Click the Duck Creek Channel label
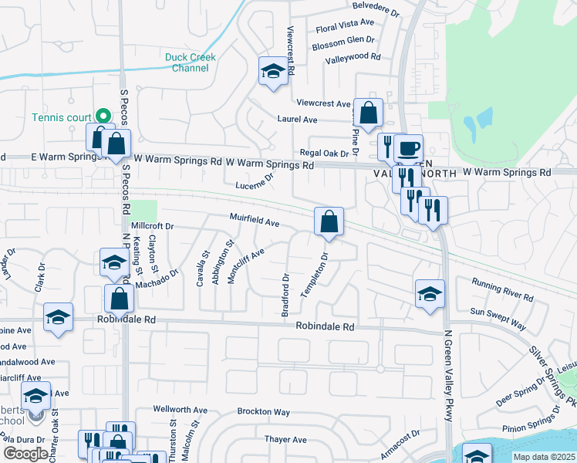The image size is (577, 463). click(x=191, y=63)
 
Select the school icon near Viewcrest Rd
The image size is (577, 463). click(x=272, y=73)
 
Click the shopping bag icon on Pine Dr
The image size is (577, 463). click(x=369, y=112)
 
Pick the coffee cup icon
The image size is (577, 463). click(x=409, y=147)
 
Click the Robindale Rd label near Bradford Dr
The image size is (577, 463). click(x=325, y=327)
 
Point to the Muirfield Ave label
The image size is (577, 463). click(x=254, y=221)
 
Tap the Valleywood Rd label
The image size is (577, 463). click(x=353, y=58)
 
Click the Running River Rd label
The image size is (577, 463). click(x=503, y=290)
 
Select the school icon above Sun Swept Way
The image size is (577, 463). click(x=430, y=293)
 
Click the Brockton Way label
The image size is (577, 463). click(x=263, y=413)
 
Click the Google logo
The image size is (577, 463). click(x=25, y=454)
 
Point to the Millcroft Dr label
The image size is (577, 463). click(x=154, y=226)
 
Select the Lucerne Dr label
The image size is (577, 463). click(x=255, y=182)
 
